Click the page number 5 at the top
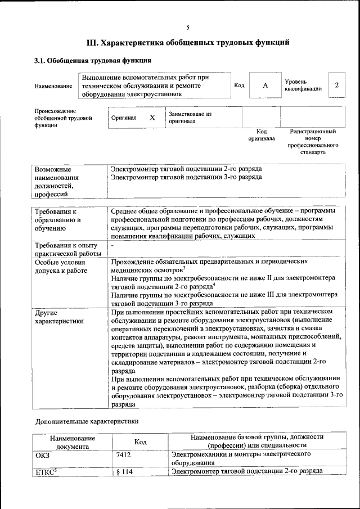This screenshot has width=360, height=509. (188, 28)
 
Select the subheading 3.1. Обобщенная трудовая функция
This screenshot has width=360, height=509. (93, 60)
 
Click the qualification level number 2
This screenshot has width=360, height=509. (336, 85)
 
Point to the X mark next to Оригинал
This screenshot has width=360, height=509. (152, 118)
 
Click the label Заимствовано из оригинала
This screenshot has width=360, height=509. (190, 118)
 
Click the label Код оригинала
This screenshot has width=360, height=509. (262, 134)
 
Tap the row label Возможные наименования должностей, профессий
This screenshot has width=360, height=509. (56, 182)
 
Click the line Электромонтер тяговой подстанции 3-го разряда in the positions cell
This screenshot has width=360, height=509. (186, 177)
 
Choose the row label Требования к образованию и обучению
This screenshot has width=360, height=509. (58, 220)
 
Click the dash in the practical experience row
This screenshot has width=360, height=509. (112, 246)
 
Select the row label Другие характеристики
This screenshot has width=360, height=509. (52, 317)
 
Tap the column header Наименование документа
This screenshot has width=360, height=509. (73, 442)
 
